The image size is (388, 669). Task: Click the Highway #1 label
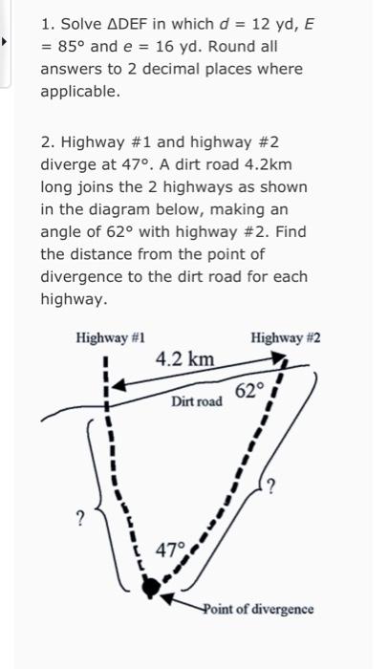click(111, 338)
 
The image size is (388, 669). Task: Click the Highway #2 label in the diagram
click(285, 338)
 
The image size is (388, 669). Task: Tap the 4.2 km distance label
click(185, 359)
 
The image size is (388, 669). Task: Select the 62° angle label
click(248, 390)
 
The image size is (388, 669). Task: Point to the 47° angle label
click(170, 550)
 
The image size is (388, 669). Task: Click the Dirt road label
click(198, 402)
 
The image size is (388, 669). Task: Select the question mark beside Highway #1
click(80, 518)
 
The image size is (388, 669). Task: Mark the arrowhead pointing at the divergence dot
click(166, 598)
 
